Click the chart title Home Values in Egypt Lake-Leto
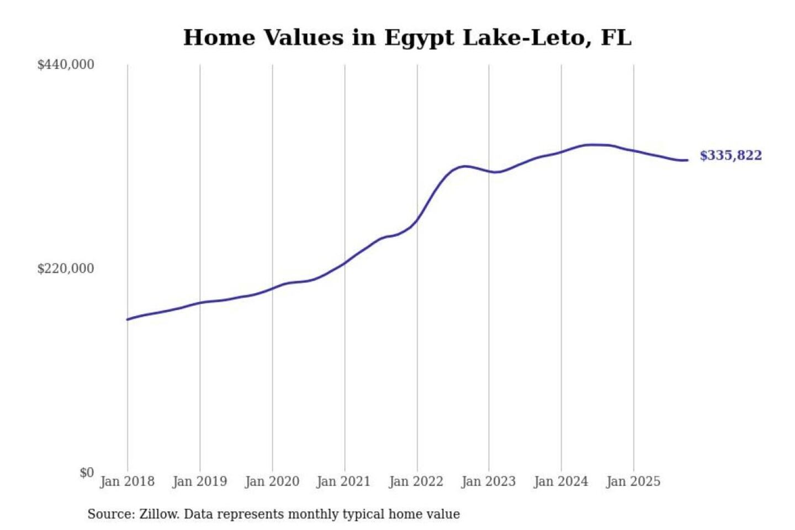407,38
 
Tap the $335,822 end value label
730,156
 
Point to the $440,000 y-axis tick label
66,65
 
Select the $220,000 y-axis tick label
66,269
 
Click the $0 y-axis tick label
87,473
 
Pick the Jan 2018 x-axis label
127,481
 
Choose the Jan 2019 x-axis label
199,481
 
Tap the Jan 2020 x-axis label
272,481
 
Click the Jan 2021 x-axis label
343,481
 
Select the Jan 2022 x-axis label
416,481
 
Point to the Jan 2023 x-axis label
488,481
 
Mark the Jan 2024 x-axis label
560,481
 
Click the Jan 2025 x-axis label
633,481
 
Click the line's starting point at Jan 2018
128,319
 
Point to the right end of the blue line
687,160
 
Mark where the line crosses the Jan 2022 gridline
417,220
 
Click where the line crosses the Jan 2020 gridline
272,288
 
